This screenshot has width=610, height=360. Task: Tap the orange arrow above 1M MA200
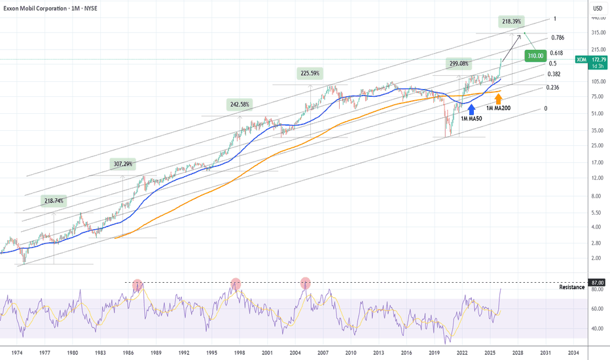[498, 99]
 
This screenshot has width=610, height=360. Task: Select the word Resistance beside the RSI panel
[571, 287]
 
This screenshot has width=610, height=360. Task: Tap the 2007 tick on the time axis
[323, 352]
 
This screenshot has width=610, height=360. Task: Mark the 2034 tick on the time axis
[572, 352]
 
